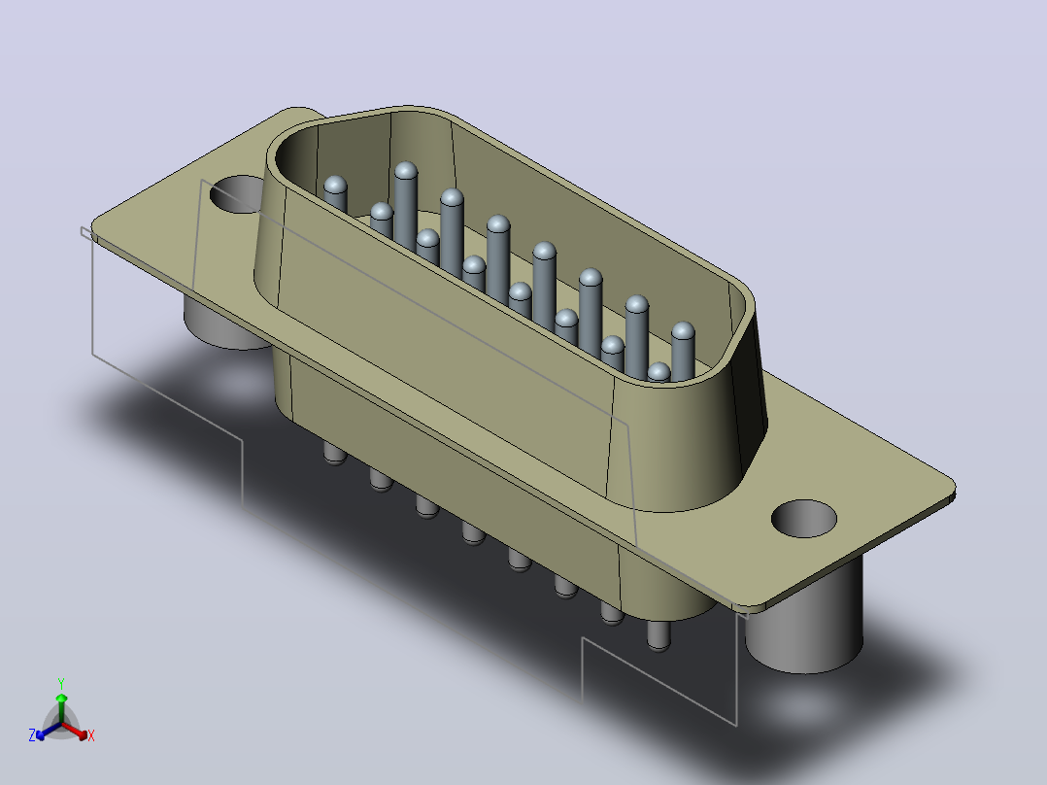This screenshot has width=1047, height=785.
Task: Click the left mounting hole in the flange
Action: [237, 194]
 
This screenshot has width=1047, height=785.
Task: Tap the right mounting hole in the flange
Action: [804, 519]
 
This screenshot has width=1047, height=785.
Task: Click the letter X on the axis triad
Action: [91, 735]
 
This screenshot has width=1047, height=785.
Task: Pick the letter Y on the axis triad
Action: [61, 683]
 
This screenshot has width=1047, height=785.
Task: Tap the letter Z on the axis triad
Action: [32, 735]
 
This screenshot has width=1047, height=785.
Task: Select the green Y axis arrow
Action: [61, 708]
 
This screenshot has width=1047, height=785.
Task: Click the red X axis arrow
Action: [75, 731]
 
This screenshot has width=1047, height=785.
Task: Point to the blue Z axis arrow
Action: [49, 731]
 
